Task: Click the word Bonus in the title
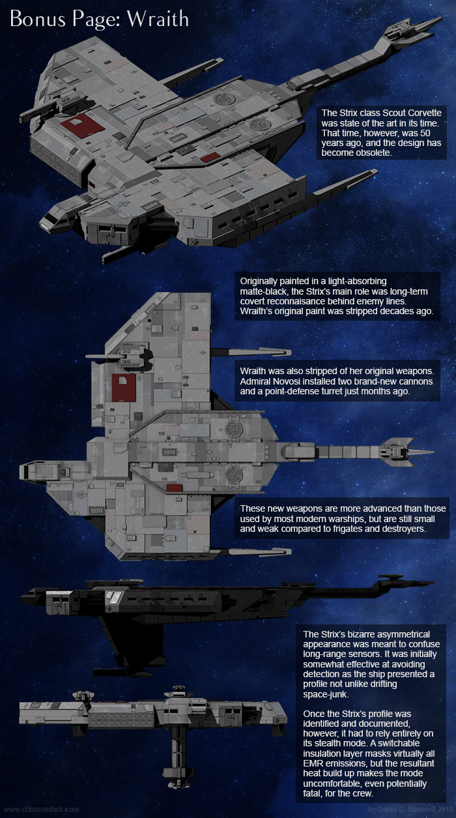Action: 35,20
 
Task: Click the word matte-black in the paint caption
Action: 267,291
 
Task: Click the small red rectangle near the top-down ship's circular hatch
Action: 173,488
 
